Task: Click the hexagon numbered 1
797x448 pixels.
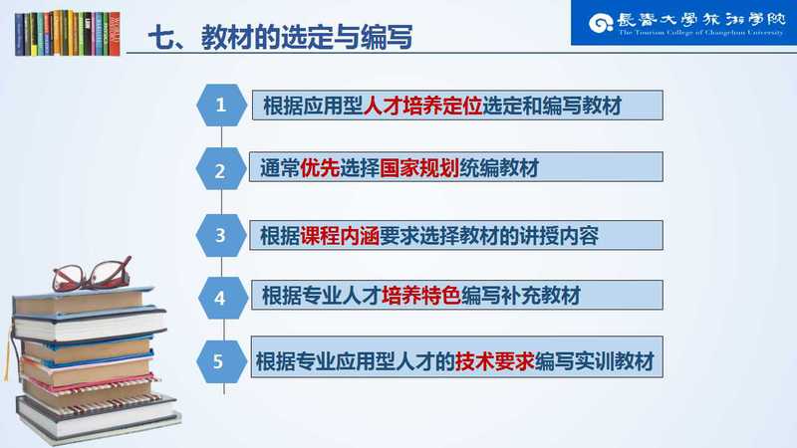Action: pos(221,106)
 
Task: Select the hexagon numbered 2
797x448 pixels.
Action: pos(221,169)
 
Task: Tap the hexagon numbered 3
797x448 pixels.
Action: pos(221,235)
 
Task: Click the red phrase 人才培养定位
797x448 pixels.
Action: pos(422,106)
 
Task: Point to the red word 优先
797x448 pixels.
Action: pos(320,168)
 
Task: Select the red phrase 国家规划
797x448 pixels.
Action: pos(419,168)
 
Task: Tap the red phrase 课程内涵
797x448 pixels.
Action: pos(340,236)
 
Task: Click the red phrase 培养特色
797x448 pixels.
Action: pos(421,295)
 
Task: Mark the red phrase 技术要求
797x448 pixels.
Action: pos(494,361)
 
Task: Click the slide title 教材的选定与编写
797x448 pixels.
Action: pos(307,37)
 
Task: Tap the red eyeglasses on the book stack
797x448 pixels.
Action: pos(92,274)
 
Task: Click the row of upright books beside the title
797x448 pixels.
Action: pos(68,33)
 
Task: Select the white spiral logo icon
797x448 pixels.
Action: pos(601,23)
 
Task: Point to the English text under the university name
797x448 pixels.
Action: pos(701,33)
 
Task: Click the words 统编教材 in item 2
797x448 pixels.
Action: pos(499,168)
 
